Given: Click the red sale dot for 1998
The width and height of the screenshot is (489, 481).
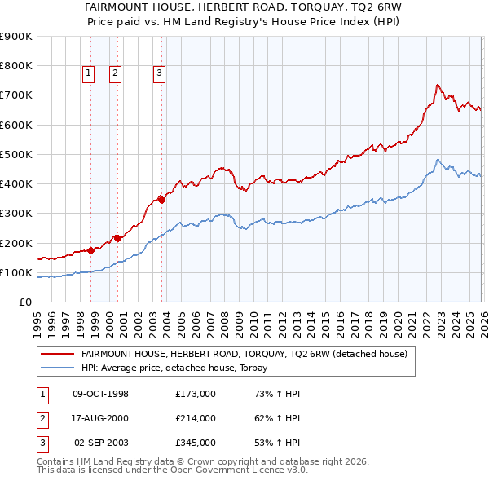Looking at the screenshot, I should pos(91,251).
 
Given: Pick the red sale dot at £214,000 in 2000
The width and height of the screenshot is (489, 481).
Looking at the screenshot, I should pos(117,238).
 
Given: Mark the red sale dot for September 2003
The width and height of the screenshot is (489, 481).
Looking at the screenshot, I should pos(161,200).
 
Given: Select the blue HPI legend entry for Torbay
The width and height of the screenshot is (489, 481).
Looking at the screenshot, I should pos(180,368).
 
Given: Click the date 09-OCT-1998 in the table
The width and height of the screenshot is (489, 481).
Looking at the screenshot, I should pos(100,394).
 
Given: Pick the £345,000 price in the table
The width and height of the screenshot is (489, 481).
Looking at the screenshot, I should pos(196,443).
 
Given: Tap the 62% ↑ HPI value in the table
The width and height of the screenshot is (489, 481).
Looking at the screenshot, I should pos(277,418).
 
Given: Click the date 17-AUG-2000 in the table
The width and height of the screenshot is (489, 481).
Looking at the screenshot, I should pos(100,418).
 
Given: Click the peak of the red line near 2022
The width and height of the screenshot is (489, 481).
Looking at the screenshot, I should pos(438,85).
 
